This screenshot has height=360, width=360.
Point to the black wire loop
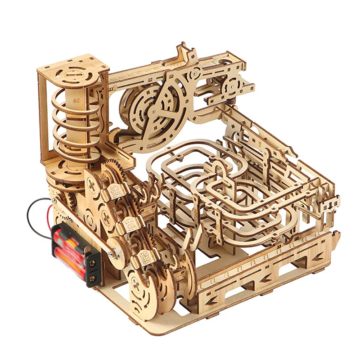tap(34, 209)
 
